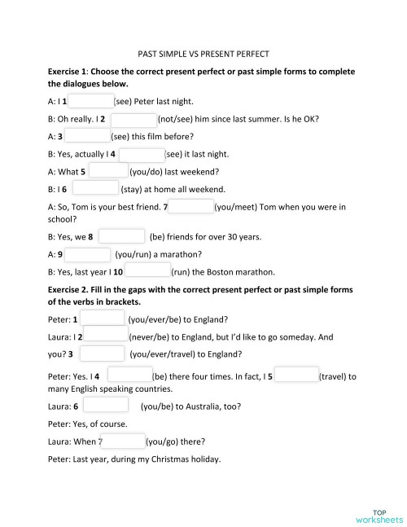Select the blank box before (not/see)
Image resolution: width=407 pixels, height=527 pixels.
coord(133,119)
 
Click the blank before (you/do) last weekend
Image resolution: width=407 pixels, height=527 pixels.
coord(107,171)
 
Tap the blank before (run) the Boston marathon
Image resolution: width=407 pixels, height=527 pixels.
coord(147,271)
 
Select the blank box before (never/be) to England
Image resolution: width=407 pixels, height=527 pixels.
coord(106,336)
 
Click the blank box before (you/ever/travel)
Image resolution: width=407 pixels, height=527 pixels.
coord(103,354)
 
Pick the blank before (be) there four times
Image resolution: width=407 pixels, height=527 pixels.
coord(129,375)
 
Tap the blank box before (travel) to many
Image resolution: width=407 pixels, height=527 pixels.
coord(295,375)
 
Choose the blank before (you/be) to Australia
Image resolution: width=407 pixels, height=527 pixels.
coord(105,406)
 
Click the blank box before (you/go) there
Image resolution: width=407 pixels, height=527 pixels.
coord(124,441)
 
